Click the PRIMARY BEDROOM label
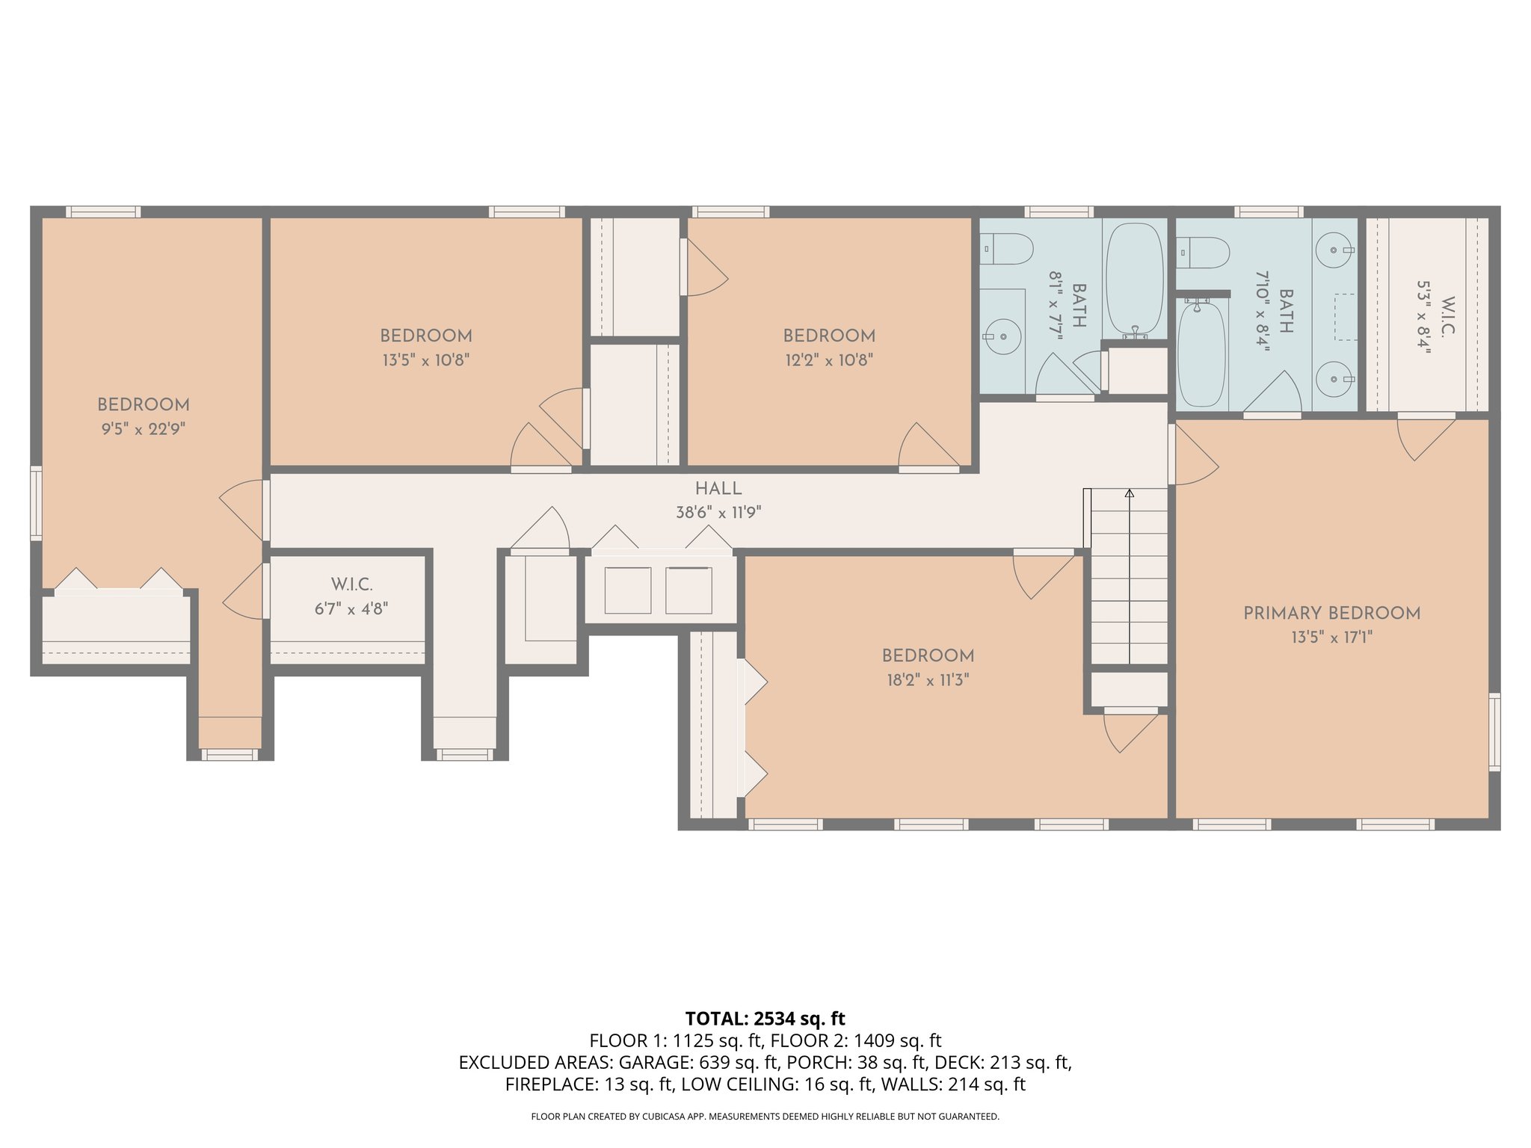pyautogui.click(x=1331, y=613)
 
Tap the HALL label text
pyautogui.click(x=718, y=489)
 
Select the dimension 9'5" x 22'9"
pyautogui.click(x=144, y=429)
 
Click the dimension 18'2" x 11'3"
pyautogui.click(x=928, y=680)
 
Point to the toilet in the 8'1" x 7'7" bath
pyautogui.click(x=1006, y=249)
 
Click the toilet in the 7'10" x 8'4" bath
pyautogui.click(x=1203, y=253)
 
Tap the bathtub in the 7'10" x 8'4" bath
pyautogui.click(x=1201, y=354)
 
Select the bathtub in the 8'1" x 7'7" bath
pyautogui.click(x=1134, y=278)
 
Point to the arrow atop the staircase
pyautogui.click(x=1129, y=493)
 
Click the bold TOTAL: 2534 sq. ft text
pyautogui.click(x=765, y=1019)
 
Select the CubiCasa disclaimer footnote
pyautogui.click(x=765, y=1117)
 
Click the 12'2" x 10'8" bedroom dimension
pyautogui.click(x=829, y=360)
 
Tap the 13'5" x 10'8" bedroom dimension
pyautogui.click(x=425, y=360)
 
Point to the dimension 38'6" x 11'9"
pyautogui.click(x=718, y=513)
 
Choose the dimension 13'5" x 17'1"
pyautogui.click(x=1331, y=638)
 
